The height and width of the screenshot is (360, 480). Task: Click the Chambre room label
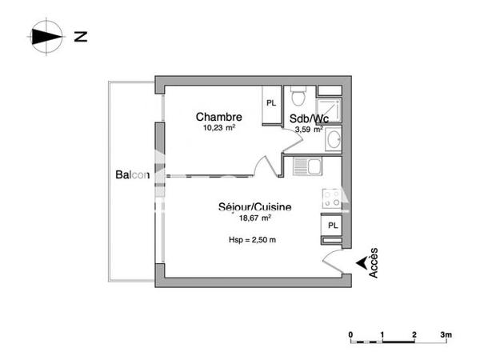coord(218,117)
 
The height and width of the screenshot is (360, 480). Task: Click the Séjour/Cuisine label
coord(254,207)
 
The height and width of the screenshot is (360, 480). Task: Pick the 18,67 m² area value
coord(256,218)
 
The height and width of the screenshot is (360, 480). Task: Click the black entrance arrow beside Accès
coord(362,261)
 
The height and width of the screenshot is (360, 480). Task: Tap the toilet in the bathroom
coord(298,97)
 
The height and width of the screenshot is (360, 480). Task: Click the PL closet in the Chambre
coord(271,102)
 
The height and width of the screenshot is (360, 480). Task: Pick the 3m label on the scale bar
coord(446,334)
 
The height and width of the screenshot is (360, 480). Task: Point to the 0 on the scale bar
coord(350,334)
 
